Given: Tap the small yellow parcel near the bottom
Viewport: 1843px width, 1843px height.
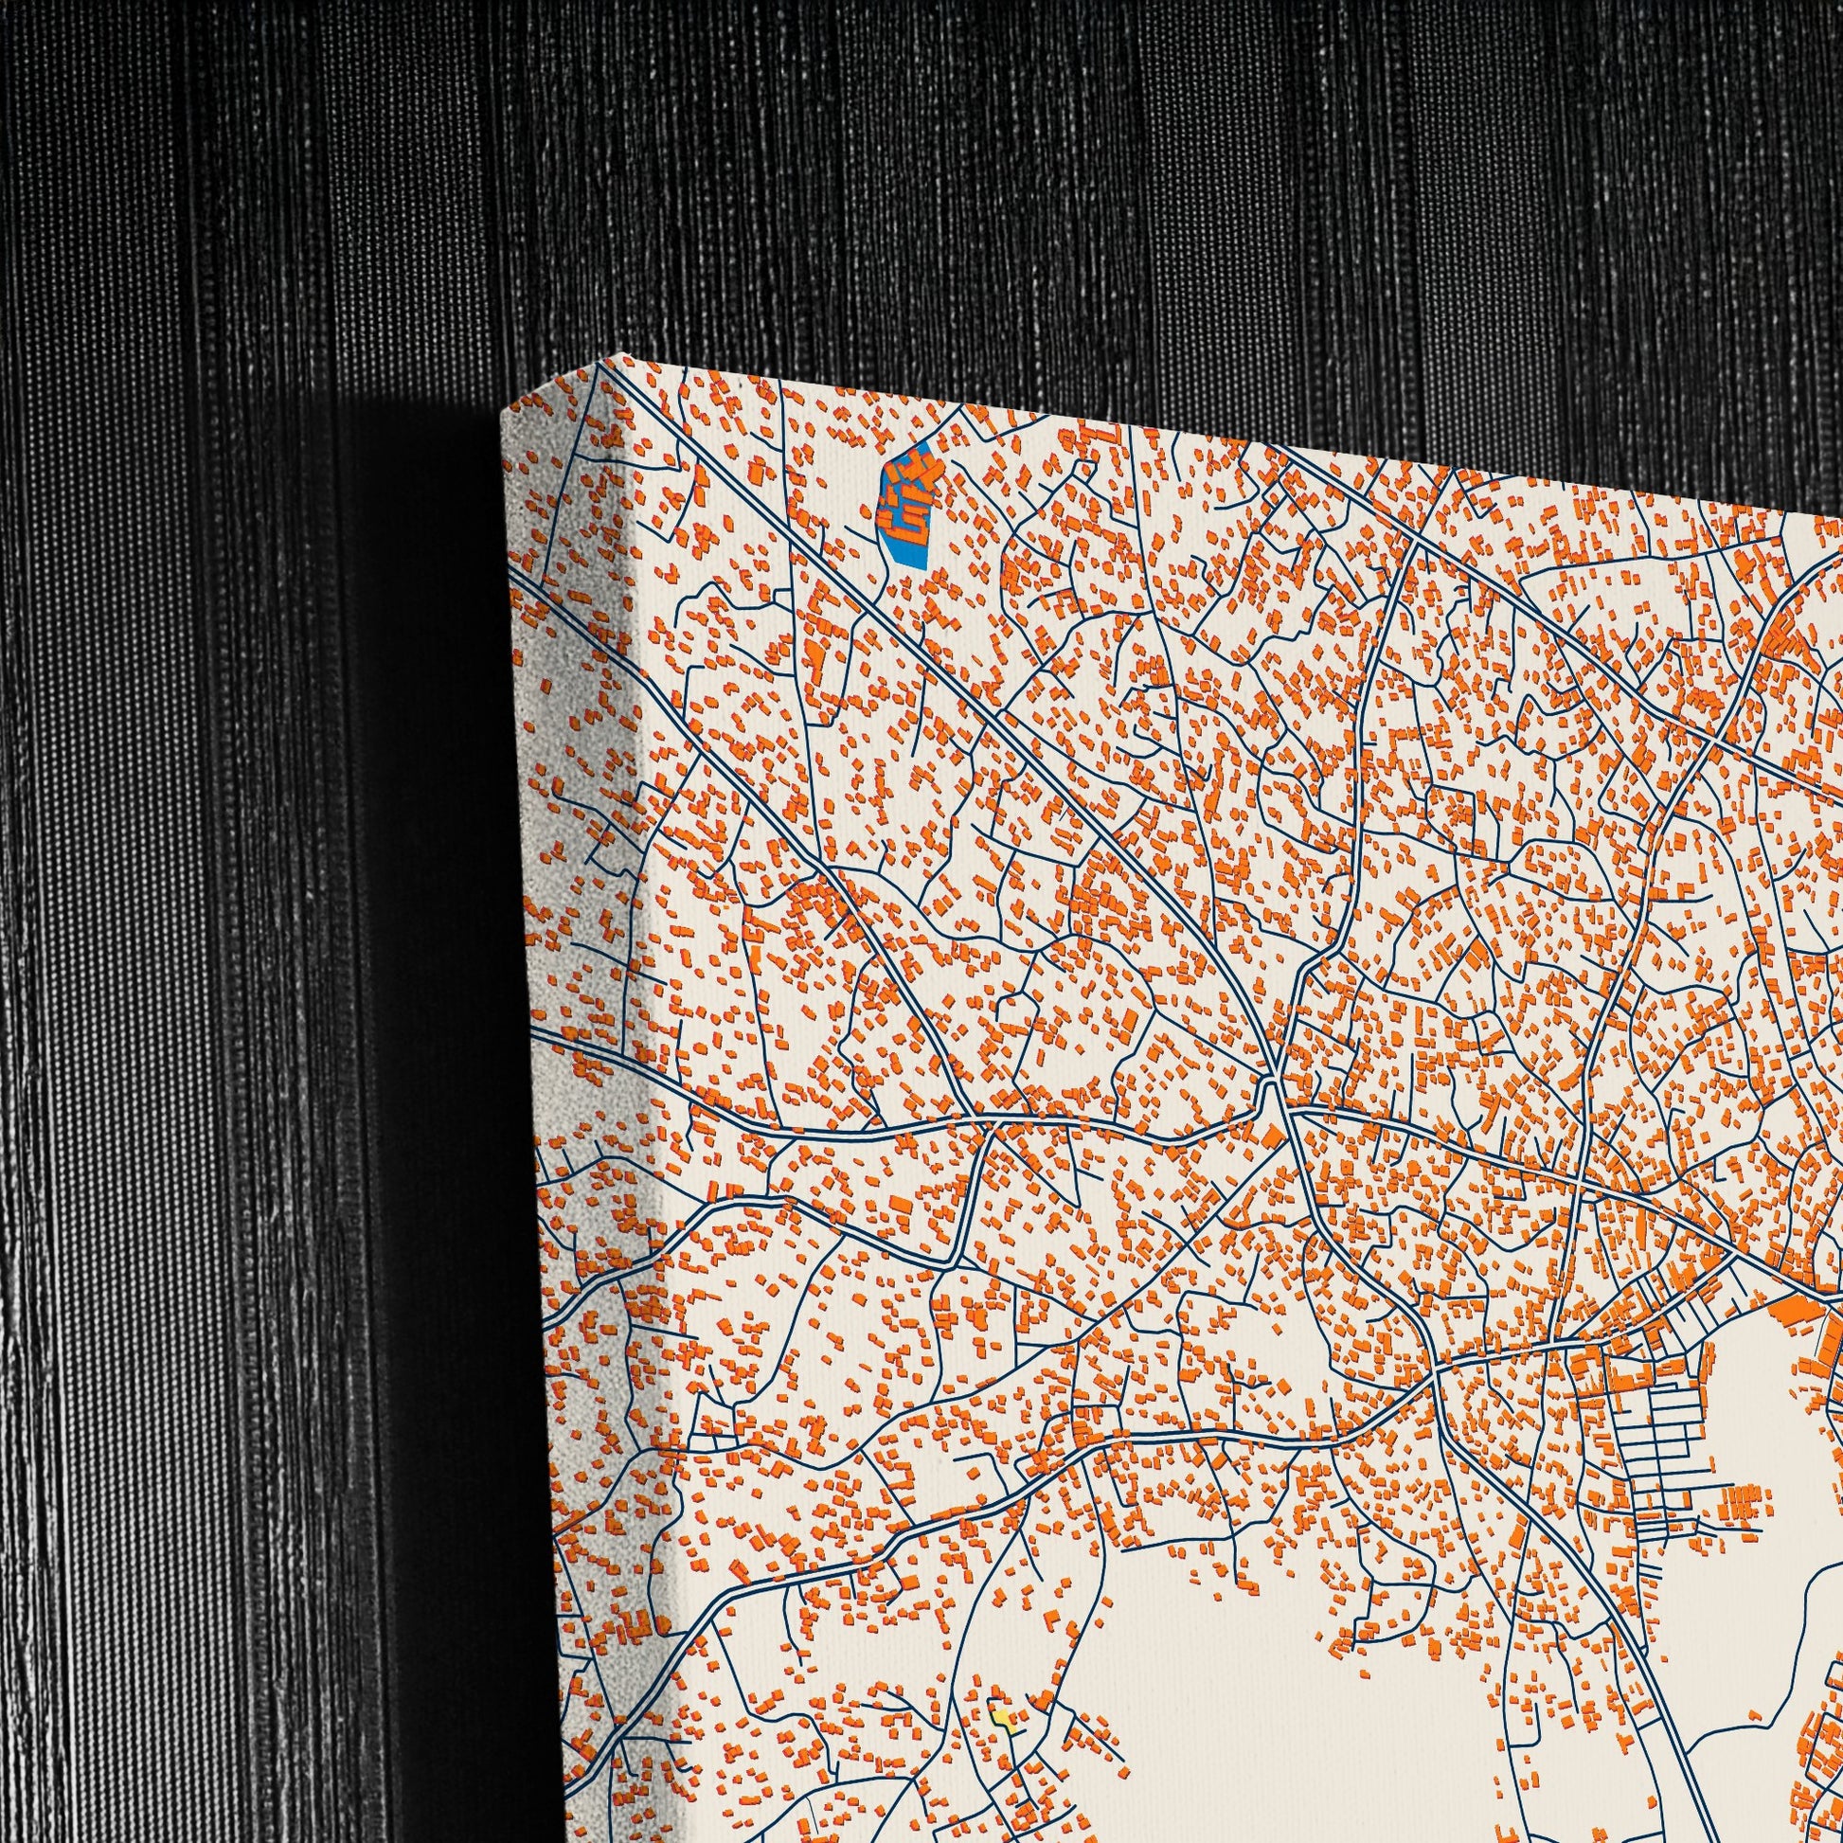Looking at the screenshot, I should (1002, 1664).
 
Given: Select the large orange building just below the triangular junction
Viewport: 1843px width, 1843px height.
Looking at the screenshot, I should (1273, 1137).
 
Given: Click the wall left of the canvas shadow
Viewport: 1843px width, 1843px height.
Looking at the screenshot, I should (190, 954).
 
